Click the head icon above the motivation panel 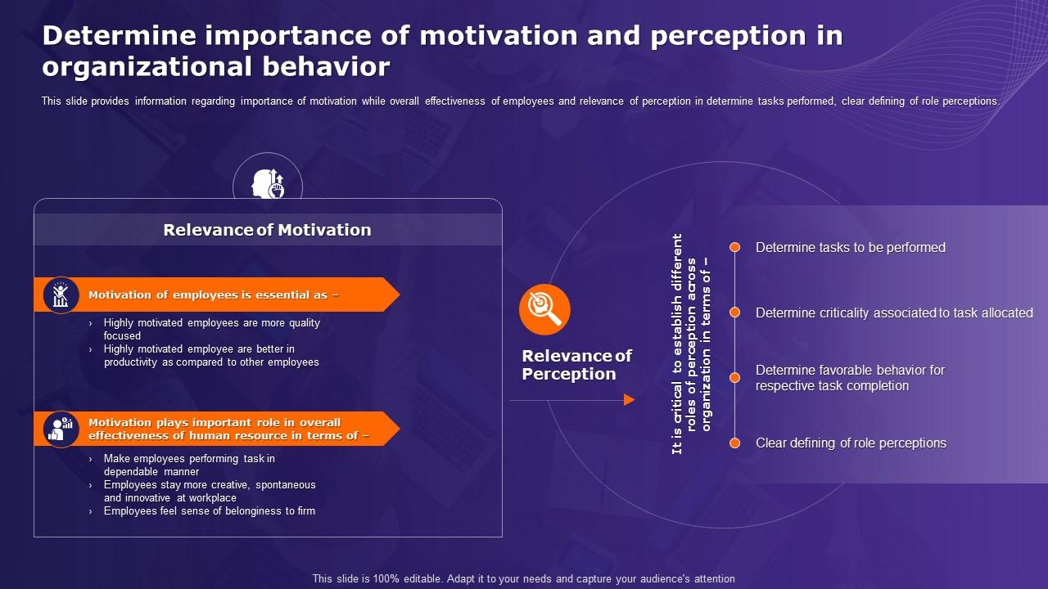tap(268, 184)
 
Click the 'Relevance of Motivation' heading tap(267, 230)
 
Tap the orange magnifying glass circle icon tap(544, 309)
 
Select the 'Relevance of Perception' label tap(577, 365)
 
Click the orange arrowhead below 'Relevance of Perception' tap(630, 400)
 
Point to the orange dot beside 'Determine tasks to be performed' tap(735, 247)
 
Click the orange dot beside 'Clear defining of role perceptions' tap(735, 443)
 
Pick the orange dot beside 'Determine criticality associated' tap(735, 312)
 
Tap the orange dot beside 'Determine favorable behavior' tap(735, 377)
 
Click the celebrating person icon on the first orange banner tap(61, 295)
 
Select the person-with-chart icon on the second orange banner tap(61, 429)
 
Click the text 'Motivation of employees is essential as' tap(214, 295)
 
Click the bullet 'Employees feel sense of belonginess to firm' tap(209, 511)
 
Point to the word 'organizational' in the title tap(148, 67)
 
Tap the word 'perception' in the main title tap(728, 36)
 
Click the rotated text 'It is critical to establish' tap(677, 344)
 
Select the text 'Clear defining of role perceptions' tap(851, 443)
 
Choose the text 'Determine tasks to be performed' tap(851, 247)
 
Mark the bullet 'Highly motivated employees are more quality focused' tap(212, 329)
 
